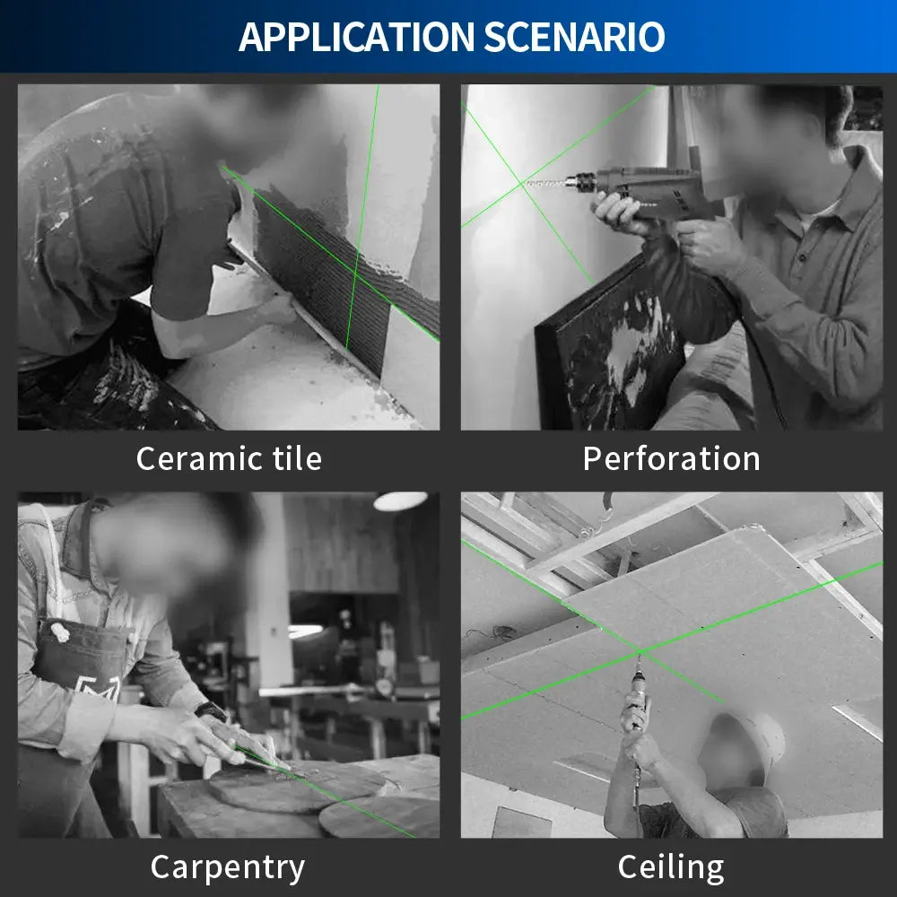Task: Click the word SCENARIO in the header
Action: [575, 37]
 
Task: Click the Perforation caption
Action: [671, 458]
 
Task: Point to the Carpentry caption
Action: [227, 867]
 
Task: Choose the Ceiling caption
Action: [670, 867]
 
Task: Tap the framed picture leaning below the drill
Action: [610, 350]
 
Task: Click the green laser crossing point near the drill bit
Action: [522, 184]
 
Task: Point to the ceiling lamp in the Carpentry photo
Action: [400, 501]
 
